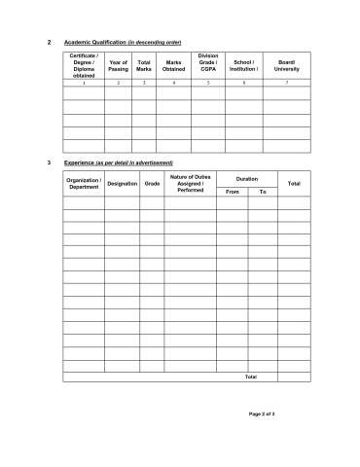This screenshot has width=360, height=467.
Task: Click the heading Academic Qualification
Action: tap(123, 43)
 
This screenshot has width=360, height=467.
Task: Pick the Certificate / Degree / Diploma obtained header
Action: tap(84, 66)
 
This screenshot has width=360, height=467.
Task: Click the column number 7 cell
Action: tap(286, 84)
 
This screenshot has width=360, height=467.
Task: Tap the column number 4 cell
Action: tap(173, 84)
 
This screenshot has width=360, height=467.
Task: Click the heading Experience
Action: tap(118, 162)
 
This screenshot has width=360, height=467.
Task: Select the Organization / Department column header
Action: tap(84, 183)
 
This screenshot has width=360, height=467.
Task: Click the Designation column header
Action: tap(122, 183)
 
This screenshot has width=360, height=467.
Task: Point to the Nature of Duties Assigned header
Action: tap(190, 183)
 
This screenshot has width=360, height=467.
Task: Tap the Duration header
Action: tap(247, 178)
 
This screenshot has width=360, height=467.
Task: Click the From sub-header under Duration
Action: tap(232, 192)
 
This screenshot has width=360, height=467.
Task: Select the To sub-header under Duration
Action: tap(262, 192)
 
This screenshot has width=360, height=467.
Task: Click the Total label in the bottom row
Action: tap(250, 377)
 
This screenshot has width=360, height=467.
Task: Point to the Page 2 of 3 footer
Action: tap(262, 414)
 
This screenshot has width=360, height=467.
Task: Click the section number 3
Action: tap(49, 162)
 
